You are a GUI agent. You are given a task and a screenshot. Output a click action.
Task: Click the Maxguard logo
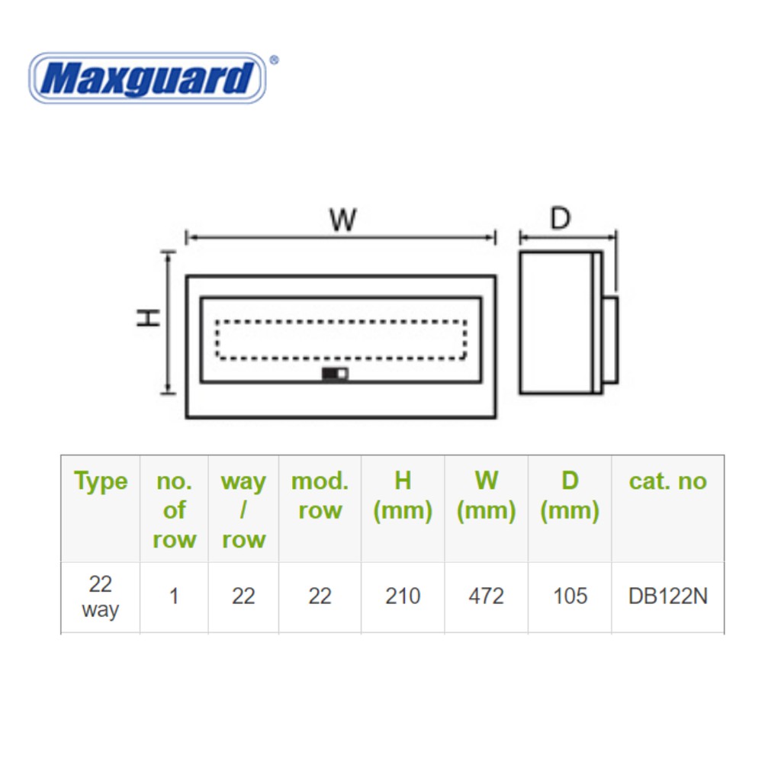coord(147,79)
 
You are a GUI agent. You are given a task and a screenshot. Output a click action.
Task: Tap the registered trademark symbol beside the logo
coord(274,60)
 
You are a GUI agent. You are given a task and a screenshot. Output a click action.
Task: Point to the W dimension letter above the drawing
coord(343,219)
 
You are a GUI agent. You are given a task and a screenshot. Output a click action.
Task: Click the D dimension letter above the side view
coord(561,218)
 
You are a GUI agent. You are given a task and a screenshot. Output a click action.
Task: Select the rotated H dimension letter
coord(148,317)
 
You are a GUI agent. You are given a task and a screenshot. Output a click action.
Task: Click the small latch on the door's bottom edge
coord(335,374)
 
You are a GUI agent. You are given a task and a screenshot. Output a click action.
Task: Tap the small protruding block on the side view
coord(609,340)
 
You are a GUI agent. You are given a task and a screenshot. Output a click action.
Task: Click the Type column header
coord(101,481)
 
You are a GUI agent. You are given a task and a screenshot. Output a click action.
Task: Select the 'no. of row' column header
coord(175,510)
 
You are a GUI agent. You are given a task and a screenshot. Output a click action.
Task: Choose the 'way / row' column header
coord(243,510)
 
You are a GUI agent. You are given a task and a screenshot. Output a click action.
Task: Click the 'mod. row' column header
coord(320,496)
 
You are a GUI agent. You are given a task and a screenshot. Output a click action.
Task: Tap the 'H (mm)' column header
coord(403,496)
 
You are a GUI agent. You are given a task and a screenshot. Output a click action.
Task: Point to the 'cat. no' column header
coord(668,481)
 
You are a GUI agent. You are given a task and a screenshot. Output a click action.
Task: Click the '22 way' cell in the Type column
coord(100,596)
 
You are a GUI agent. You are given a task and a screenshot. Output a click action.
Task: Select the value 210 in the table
coord(403,596)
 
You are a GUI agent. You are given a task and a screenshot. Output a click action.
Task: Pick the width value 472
coord(486,596)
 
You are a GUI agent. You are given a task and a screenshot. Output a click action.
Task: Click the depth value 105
coord(570,596)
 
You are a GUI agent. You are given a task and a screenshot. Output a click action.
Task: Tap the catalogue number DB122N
coord(668,596)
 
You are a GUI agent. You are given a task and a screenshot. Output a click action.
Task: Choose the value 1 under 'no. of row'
coord(174,596)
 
